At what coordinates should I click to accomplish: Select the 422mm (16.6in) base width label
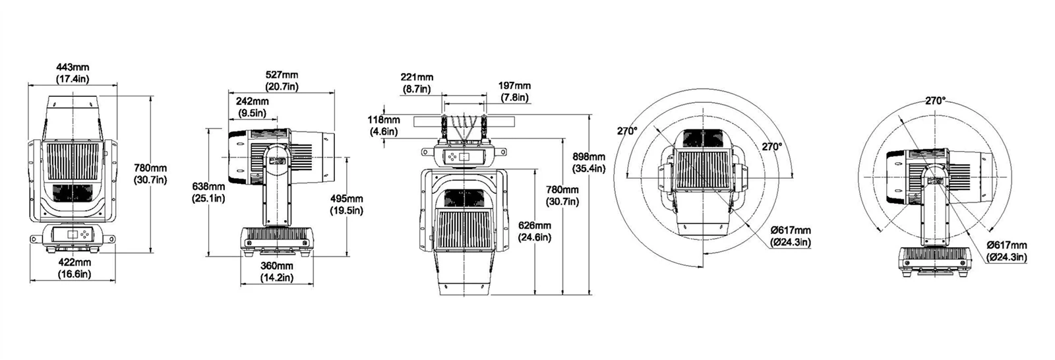[75, 268]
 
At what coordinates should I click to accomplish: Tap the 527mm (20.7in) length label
[282, 80]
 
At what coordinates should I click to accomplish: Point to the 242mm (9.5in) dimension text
[252, 107]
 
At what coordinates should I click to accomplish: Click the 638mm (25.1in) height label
[208, 193]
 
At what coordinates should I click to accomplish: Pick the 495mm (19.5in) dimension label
[347, 204]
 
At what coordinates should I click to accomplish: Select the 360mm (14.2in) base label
[277, 272]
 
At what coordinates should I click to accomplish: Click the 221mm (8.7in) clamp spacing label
[417, 82]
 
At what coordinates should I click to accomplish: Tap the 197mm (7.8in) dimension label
[514, 92]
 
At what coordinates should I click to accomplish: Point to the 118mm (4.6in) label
[383, 125]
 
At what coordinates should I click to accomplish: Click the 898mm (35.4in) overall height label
[589, 162]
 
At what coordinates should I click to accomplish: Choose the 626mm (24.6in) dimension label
[534, 231]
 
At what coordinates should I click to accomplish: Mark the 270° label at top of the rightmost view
[936, 100]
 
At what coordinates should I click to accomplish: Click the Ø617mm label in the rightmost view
[1007, 251]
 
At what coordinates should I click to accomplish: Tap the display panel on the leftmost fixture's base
[73, 235]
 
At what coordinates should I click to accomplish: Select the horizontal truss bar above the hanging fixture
[464, 121]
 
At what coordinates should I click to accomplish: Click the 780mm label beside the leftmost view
[150, 173]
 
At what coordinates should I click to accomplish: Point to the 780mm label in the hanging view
[562, 196]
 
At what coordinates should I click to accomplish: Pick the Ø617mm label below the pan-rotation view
[791, 236]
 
